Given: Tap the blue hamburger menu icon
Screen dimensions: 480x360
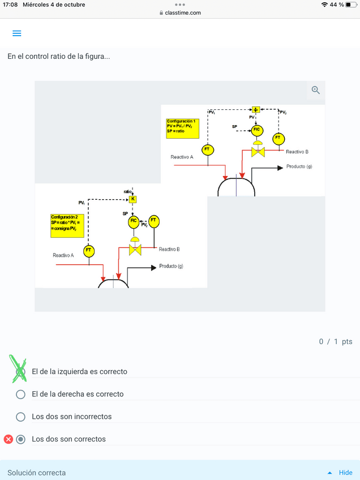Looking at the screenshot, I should point(17,33).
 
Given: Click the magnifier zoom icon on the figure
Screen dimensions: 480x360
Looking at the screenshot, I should point(316,90).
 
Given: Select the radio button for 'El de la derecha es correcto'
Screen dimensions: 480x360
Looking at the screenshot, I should point(21,394).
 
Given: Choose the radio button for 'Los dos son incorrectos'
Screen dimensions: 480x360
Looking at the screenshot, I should point(21,417).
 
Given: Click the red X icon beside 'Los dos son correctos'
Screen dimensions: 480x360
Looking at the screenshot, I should point(8,439).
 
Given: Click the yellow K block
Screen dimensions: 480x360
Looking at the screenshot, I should point(133,199).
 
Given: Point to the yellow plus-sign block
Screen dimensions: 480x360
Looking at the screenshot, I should point(256,110).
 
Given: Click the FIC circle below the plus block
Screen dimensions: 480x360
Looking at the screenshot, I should point(257,130).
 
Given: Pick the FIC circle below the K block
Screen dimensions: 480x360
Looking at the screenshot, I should point(134,221).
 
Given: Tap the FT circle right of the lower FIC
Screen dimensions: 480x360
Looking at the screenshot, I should point(153,221).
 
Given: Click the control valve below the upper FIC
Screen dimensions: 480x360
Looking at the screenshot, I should point(258,151).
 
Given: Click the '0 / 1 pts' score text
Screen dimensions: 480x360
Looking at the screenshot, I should point(336,341).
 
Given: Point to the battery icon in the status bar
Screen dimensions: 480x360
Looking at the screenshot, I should point(352,5).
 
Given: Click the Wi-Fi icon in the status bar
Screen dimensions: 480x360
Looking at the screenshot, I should point(324,5).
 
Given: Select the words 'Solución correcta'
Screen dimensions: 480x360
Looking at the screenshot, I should point(37,473).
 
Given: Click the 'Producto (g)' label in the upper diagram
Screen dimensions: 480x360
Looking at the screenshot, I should point(299,166).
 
